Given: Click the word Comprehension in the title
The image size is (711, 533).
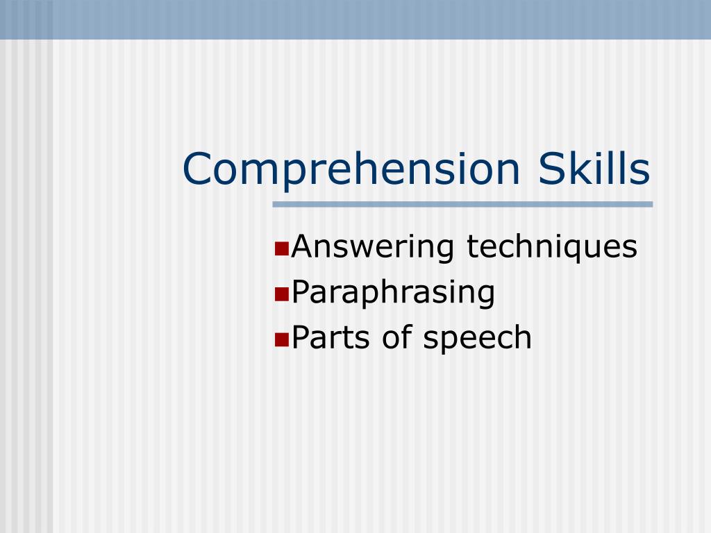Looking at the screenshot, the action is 351,169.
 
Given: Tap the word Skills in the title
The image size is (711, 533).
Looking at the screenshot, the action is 594,167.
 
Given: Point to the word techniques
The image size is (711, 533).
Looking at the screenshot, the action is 552,248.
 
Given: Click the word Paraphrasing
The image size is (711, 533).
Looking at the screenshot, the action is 393,293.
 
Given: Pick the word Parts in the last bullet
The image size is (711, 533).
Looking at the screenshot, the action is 331,338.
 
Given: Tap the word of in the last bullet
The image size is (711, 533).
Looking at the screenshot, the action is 397,337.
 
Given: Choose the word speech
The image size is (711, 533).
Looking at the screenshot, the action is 477,338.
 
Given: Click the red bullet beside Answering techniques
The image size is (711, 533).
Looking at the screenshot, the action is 282,249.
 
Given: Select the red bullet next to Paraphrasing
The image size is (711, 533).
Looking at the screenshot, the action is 282,294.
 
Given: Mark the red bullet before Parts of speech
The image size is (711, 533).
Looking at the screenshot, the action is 282,339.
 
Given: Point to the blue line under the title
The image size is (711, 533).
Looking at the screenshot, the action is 462,205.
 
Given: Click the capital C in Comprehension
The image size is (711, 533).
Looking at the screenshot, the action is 197,169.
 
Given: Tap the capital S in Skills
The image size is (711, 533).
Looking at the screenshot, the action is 551,169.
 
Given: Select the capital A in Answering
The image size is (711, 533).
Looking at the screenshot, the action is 305,246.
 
